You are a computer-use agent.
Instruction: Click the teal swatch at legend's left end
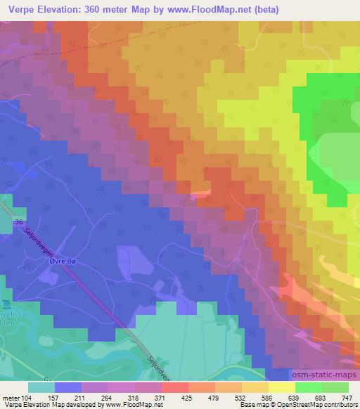(41, 387)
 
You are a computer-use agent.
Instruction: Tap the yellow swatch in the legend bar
(281, 387)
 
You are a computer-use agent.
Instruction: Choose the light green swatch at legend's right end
(335, 387)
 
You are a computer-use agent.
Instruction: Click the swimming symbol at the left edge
(5, 304)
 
